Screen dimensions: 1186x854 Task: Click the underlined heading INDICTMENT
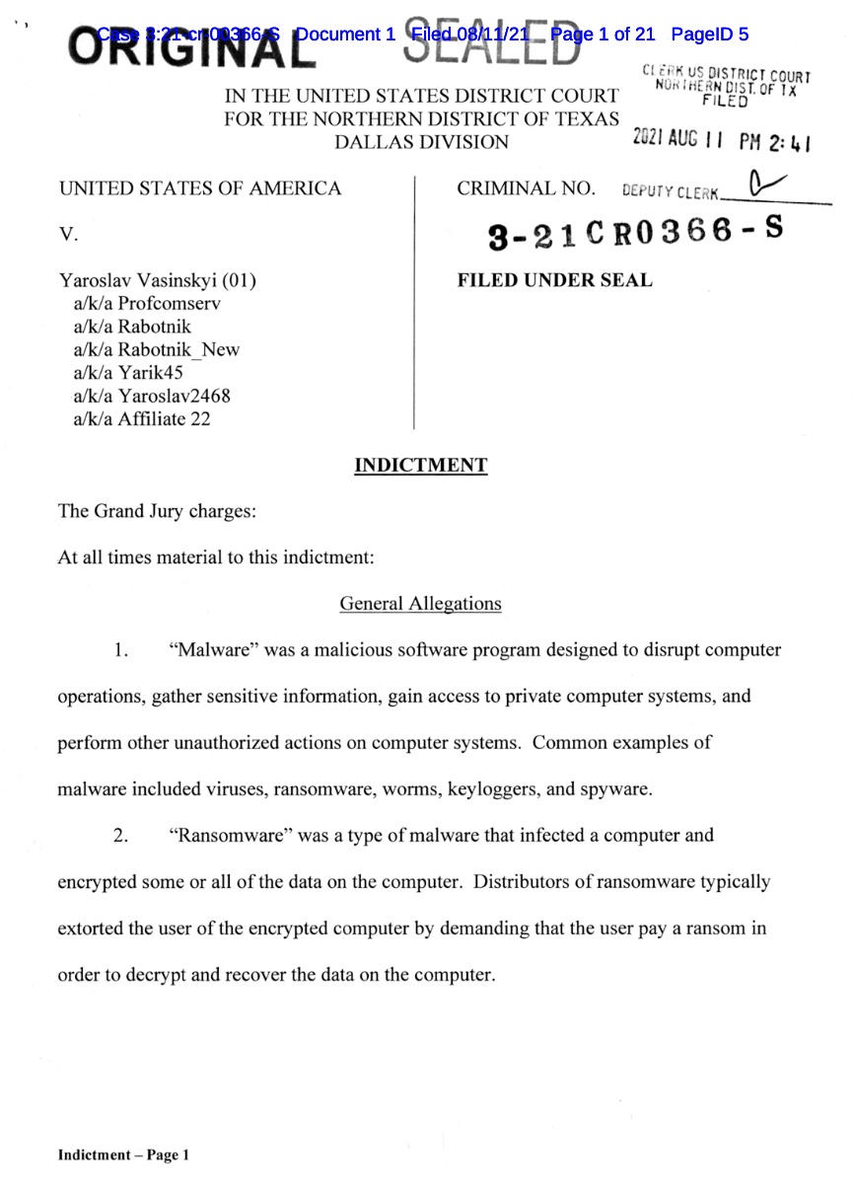(x=420, y=465)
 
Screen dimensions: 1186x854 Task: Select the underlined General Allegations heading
(x=420, y=603)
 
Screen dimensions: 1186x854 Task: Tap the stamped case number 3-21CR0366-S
(x=636, y=234)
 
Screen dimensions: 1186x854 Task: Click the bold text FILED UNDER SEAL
(x=554, y=280)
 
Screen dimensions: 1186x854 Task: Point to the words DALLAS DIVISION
(x=422, y=142)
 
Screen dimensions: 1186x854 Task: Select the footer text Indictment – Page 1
(x=123, y=1154)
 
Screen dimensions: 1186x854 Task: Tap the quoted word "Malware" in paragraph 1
(x=209, y=650)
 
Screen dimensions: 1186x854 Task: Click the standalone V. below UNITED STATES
(x=68, y=235)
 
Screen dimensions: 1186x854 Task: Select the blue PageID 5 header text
(x=709, y=35)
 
